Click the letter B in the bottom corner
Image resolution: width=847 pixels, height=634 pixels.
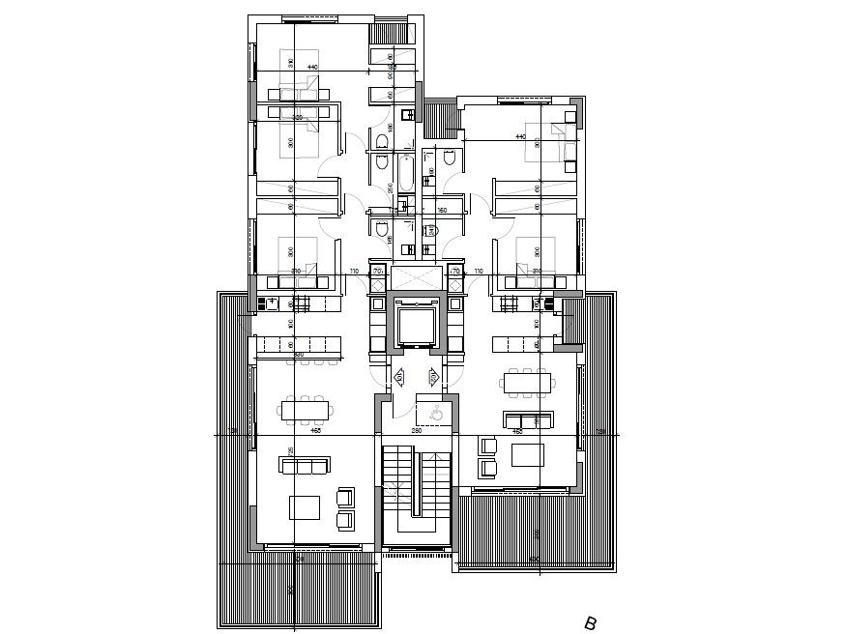(590, 623)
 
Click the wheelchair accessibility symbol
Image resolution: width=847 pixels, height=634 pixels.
(436, 413)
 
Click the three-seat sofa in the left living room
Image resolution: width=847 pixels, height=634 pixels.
(305, 465)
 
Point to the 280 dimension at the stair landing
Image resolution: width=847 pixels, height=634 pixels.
(417, 430)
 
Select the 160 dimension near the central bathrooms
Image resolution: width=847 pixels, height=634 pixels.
(443, 210)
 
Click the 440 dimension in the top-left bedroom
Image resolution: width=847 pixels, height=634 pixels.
(312, 66)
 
